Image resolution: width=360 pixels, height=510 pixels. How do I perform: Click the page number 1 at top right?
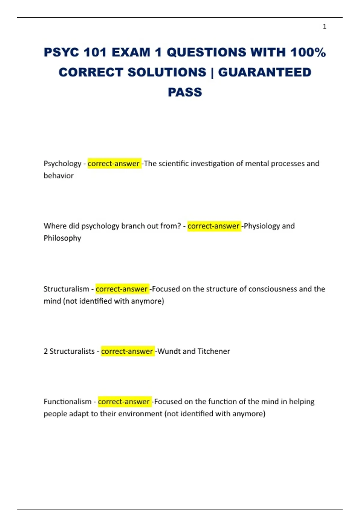pos(324,27)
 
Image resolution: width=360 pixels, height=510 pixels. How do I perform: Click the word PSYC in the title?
pos(61,52)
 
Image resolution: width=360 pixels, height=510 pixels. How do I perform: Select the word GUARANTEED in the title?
pos(265,72)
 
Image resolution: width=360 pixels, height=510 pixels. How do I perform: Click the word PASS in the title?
pos(185,92)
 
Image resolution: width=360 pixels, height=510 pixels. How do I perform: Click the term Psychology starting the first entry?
pos(62,164)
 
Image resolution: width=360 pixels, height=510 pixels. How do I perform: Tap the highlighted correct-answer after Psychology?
pos(114,164)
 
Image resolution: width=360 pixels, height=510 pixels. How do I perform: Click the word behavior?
pos(58,176)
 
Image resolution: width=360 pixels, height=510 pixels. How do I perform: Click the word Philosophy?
pos(62,238)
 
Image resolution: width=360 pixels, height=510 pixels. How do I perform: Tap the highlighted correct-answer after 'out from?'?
pos(214,226)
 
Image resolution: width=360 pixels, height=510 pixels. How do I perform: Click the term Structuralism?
pos(66,289)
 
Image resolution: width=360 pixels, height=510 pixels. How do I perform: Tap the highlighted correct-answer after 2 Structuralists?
pos(127,351)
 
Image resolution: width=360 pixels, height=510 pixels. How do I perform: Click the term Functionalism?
pos(67,402)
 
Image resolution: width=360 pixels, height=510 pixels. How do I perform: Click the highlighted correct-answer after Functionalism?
pos(124,402)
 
